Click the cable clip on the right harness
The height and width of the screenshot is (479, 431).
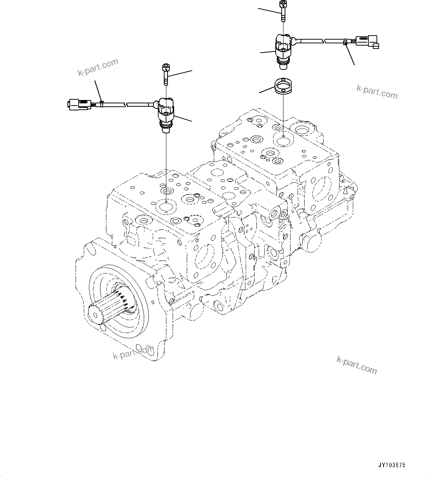345,42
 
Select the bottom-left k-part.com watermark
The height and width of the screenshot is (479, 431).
133,352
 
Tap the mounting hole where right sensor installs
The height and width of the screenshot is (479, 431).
283,140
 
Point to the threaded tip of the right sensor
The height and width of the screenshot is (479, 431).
284,66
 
